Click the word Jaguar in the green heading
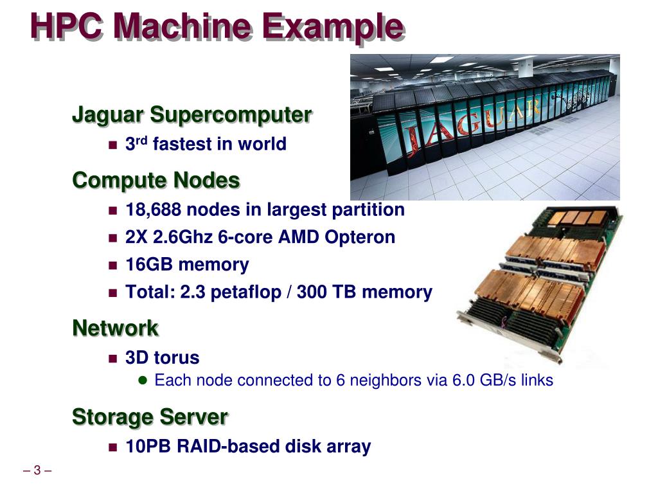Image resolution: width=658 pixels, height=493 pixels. point(108,116)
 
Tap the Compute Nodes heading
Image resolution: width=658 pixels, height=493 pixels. point(156,181)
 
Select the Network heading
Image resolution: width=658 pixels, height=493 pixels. point(115,328)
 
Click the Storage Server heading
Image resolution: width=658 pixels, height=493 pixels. point(150,417)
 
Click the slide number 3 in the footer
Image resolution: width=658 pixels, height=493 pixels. point(37,471)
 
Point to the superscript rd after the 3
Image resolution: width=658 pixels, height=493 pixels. point(141,139)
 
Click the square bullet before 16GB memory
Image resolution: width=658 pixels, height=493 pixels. point(114,265)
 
